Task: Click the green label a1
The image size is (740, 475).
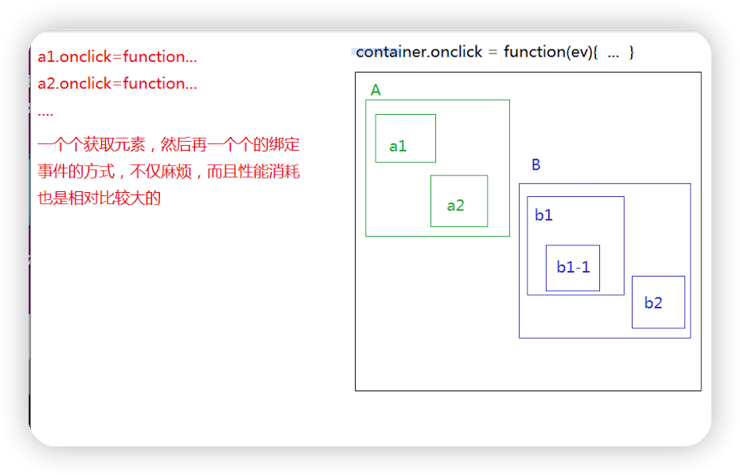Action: click(398, 146)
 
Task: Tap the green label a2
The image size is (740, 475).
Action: click(455, 206)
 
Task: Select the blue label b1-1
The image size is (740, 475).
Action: click(573, 267)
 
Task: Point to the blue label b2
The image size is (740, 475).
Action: click(653, 303)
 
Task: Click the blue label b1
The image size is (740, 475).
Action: click(543, 215)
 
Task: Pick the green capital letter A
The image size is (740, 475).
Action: click(376, 90)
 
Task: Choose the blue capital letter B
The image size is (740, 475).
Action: click(536, 164)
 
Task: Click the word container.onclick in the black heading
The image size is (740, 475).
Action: click(419, 52)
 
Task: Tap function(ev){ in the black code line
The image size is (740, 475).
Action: click(551, 52)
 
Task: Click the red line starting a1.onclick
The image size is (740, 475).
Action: click(117, 57)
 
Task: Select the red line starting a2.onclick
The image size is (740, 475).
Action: click(117, 84)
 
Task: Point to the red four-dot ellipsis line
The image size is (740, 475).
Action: click(45, 114)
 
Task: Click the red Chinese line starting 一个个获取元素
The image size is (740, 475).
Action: click(169, 144)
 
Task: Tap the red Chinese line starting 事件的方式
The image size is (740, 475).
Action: click(169, 171)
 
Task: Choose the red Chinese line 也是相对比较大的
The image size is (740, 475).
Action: click(99, 198)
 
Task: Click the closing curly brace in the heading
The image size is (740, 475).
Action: click(632, 52)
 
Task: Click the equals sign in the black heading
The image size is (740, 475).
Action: click(493, 53)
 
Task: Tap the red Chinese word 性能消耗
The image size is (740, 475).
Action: click(269, 171)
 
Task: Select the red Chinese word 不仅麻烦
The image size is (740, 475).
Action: click(161, 171)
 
